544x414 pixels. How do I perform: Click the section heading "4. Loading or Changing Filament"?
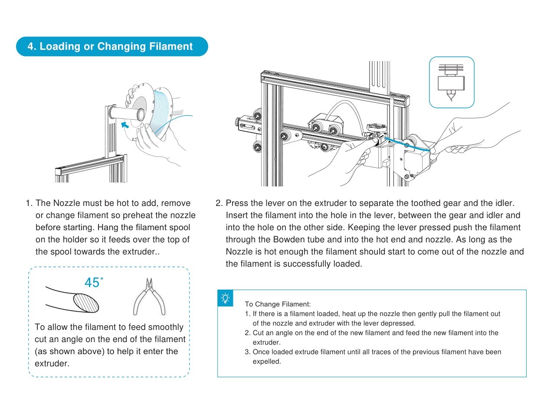110,47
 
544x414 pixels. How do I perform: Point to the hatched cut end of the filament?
86,302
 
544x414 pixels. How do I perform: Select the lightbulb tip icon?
225,298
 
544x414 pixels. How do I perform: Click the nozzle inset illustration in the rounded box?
452,82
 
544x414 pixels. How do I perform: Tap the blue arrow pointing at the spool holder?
125,125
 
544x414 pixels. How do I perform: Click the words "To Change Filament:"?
278,304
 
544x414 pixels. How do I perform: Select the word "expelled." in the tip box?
267,362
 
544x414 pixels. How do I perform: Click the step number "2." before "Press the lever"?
219,203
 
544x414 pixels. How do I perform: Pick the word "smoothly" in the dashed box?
163,327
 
